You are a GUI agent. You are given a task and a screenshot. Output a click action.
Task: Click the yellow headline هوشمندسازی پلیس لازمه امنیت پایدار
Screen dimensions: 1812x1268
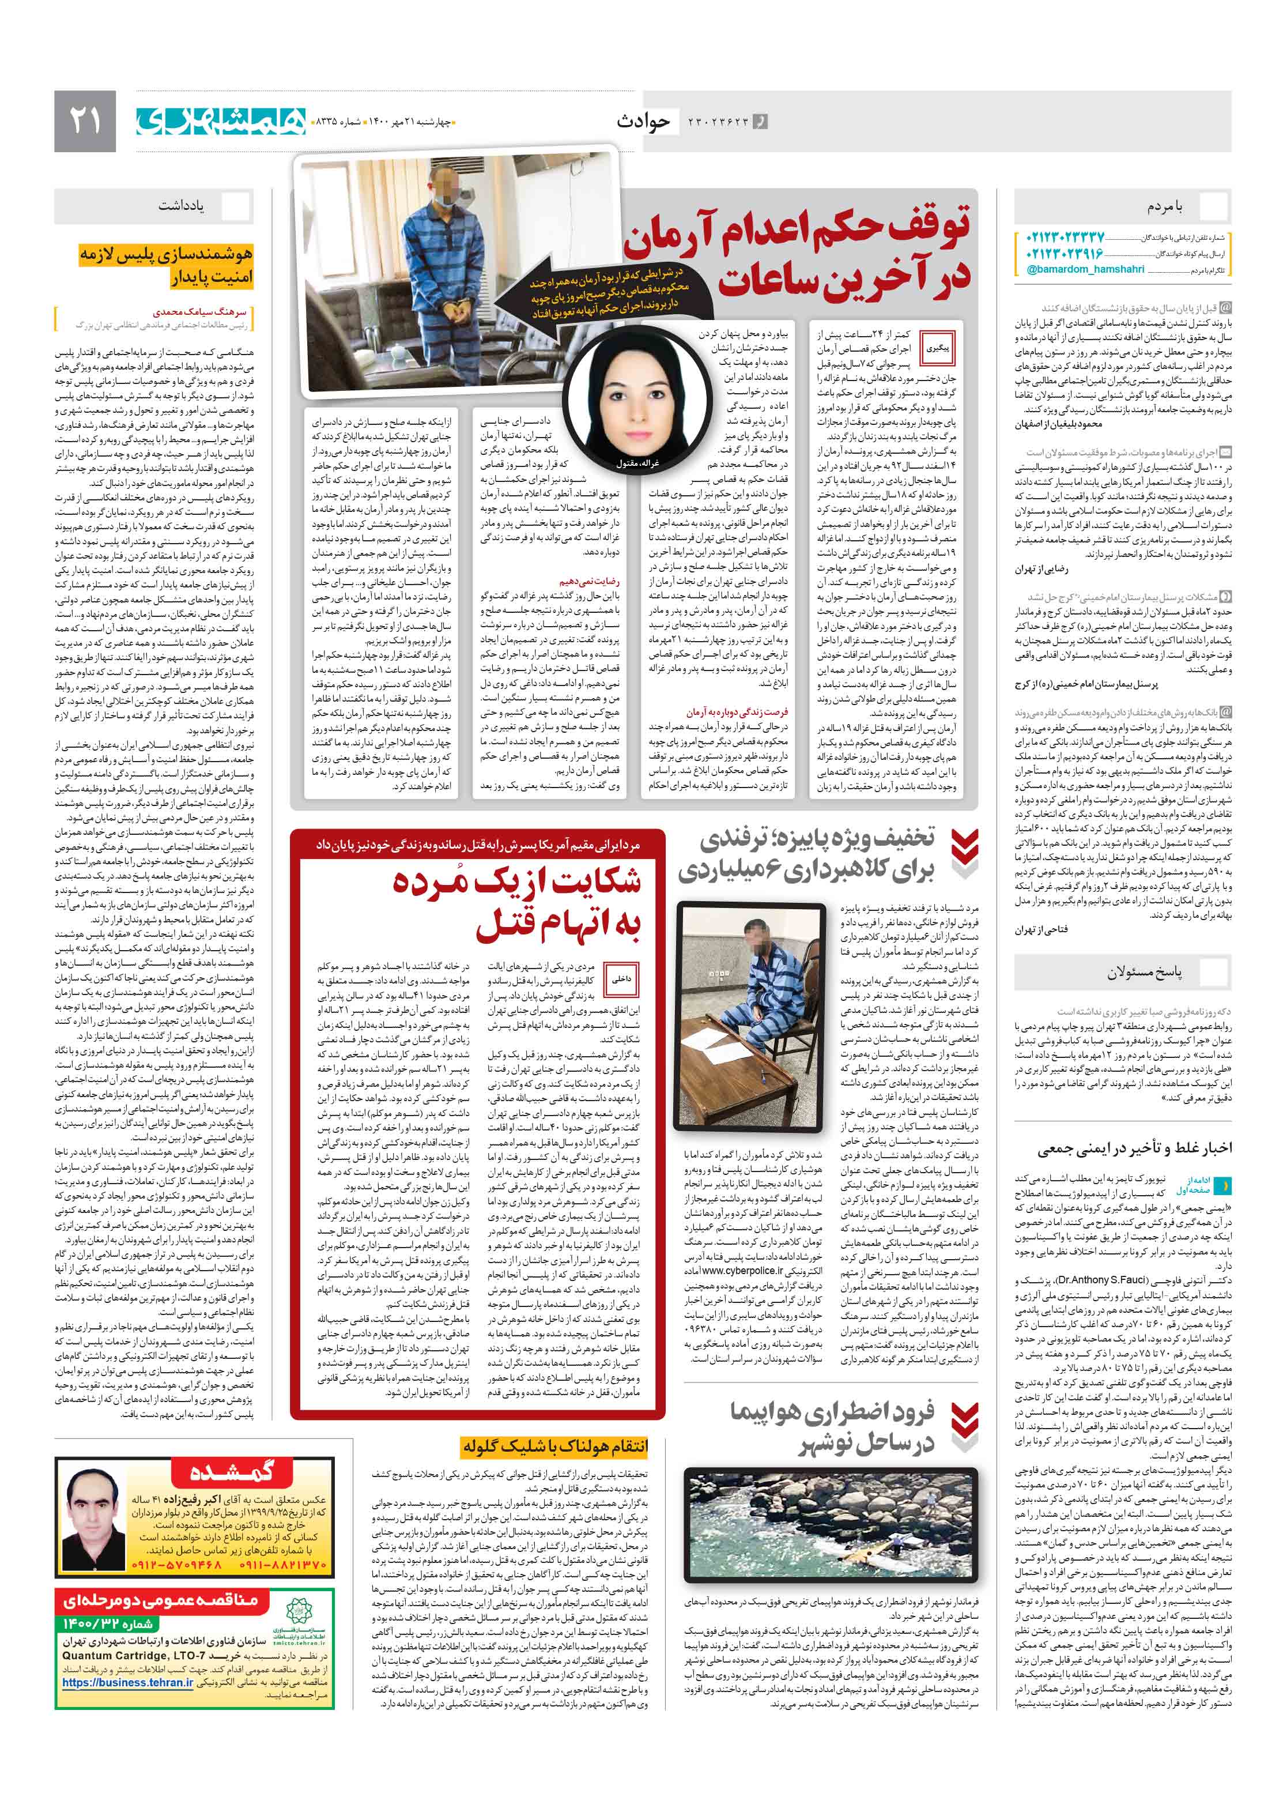[165, 265]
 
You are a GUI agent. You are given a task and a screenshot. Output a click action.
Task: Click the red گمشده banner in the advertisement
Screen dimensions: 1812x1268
[231, 1472]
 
